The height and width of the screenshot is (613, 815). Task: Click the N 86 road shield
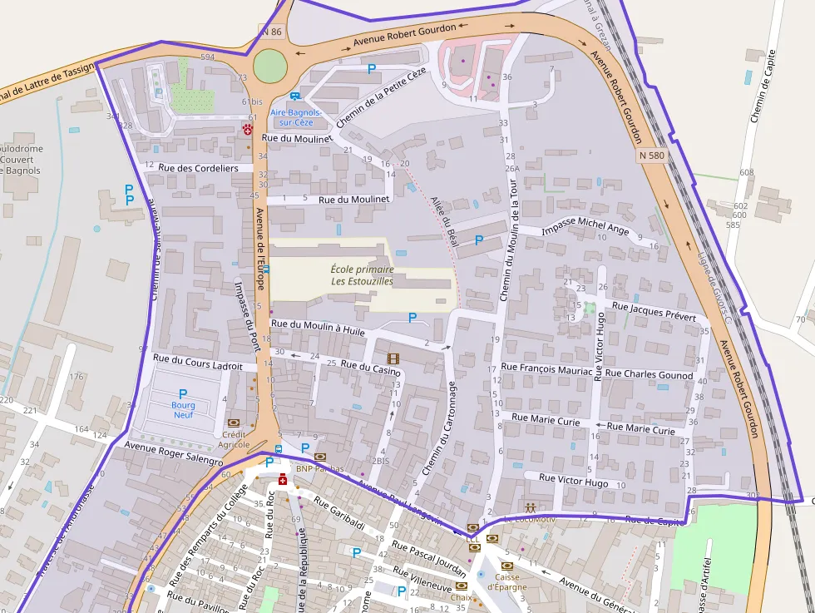[x=271, y=32]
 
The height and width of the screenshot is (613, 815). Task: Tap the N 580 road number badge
[x=653, y=156]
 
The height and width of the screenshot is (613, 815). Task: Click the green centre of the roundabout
[x=269, y=66]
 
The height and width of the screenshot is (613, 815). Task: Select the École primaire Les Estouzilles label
[x=362, y=275]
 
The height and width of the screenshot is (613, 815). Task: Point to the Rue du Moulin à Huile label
[x=319, y=328]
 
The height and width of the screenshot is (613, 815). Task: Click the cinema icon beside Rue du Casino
[x=393, y=358]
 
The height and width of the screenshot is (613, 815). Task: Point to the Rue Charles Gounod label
[x=649, y=375]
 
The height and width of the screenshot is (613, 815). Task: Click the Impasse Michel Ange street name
[x=585, y=229]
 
